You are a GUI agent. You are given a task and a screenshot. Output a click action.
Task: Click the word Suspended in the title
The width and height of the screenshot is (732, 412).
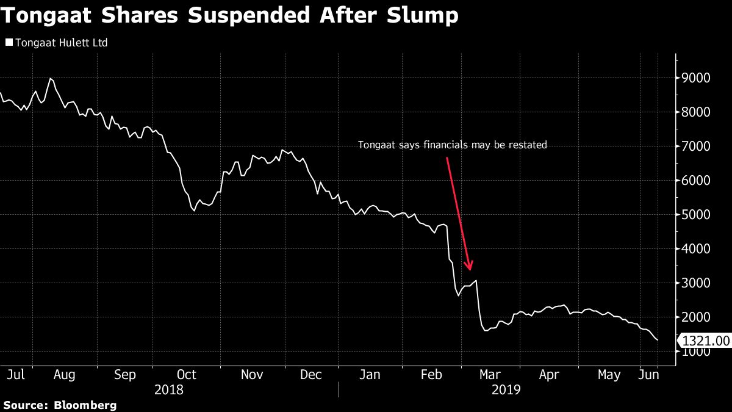[246, 16]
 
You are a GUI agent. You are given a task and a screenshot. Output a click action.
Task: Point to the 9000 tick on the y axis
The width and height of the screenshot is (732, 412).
[697, 78]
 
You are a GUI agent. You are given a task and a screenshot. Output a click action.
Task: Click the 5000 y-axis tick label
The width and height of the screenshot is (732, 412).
[697, 215]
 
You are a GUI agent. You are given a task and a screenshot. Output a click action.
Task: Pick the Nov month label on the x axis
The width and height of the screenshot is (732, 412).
[252, 375]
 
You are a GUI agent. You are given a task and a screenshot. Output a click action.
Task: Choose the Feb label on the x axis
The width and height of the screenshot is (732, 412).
[431, 375]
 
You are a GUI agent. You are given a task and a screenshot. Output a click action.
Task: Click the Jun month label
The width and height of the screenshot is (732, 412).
[648, 375]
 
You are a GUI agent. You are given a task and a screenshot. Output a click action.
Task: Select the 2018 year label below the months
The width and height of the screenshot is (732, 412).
[168, 389]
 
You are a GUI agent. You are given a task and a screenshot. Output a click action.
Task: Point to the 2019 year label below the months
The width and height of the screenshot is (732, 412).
[506, 389]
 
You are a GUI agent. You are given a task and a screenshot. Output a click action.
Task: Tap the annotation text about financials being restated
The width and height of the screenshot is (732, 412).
[452, 145]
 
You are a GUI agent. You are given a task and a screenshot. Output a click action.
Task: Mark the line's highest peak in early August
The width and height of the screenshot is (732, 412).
[50, 79]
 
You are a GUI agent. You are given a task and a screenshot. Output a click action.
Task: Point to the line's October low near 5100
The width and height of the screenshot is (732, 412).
[194, 211]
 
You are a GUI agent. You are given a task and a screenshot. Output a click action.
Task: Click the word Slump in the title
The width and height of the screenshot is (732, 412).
[424, 16]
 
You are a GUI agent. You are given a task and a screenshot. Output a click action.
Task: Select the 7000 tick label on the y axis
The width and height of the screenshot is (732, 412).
[697, 146]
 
